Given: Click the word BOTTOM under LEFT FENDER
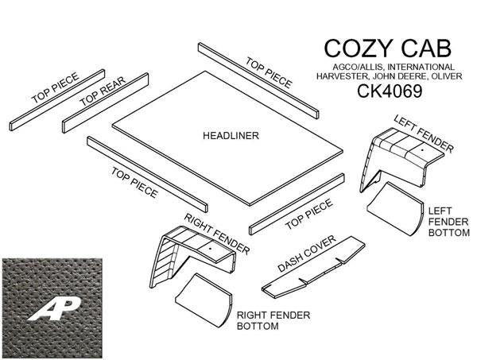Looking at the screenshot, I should tap(446, 234).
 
